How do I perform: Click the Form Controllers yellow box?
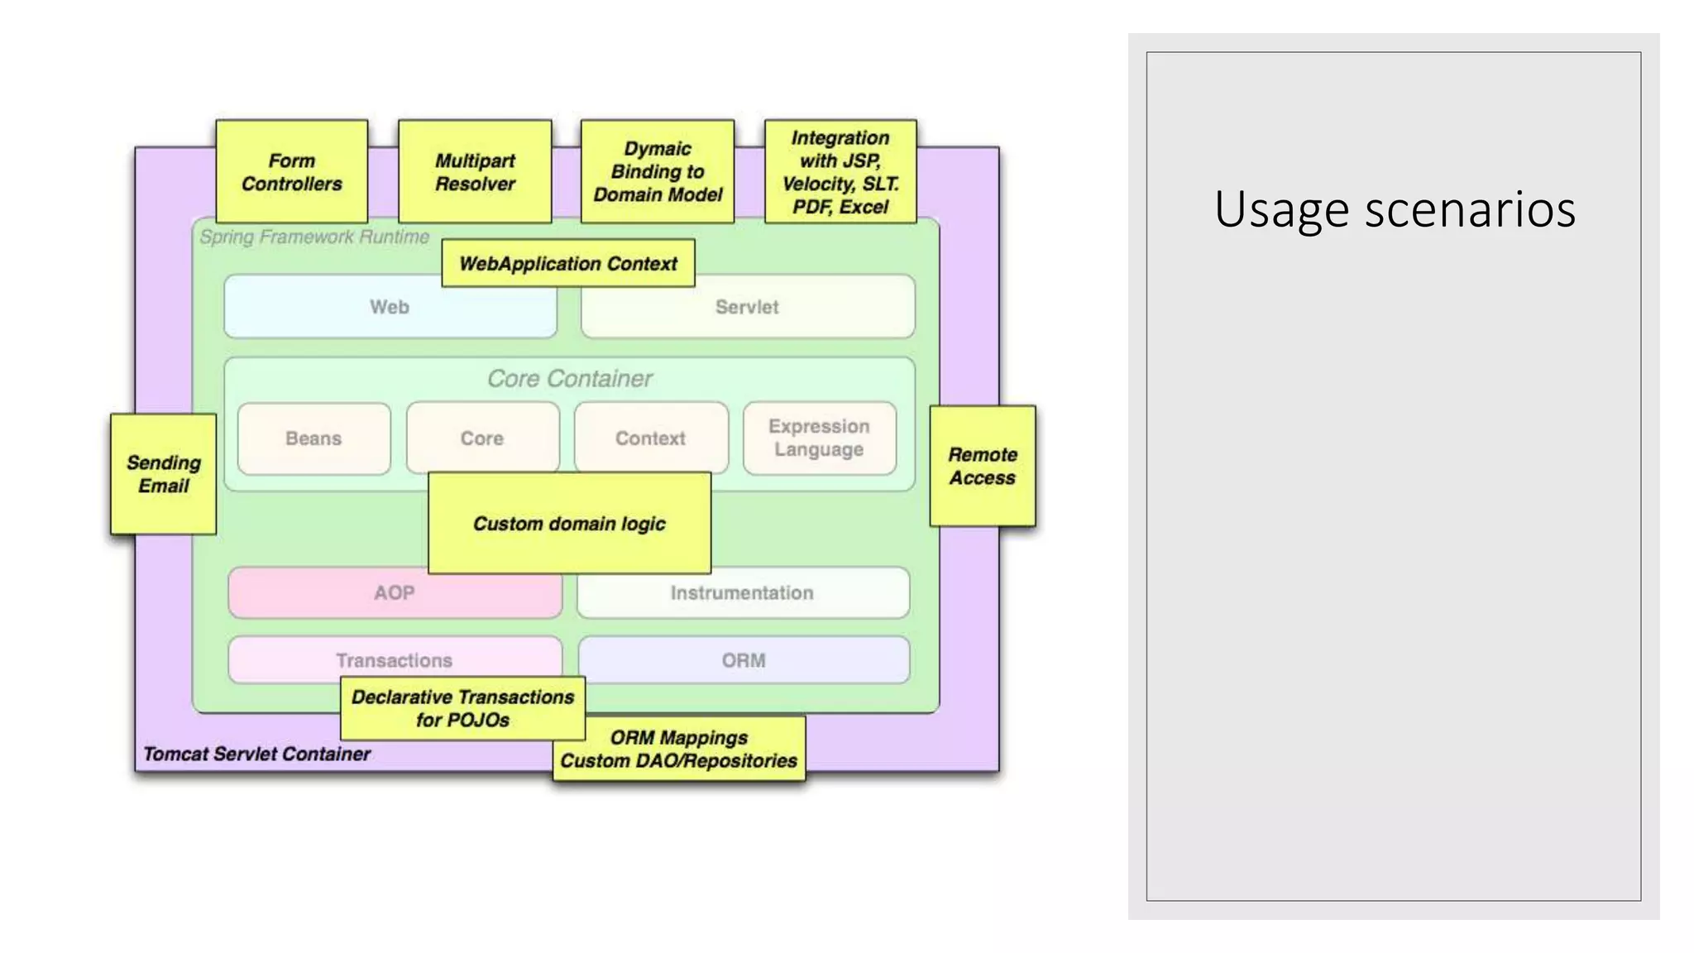[x=291, y=171]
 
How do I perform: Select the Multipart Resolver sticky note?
[x=475, y=171]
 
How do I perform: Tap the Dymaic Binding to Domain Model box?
[x=657, y=171]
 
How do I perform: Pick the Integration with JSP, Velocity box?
[x=840, y=171]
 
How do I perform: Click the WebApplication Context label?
[x=568, y=263]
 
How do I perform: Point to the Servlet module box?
[x=747, y=307]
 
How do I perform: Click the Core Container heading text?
[x=569, y=378]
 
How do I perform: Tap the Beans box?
[x=313, y=438]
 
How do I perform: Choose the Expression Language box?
[x=819, y=438]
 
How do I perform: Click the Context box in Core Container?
[x=650, y=438]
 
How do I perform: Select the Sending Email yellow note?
[x=163, y=474]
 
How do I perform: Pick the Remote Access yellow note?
[x=982, y=466]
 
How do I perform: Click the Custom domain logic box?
[x=569, y=523]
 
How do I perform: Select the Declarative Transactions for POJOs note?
[x=462, y=708]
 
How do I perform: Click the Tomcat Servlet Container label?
[x=256, y=754]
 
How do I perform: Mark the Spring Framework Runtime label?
[x=314, y=237]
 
